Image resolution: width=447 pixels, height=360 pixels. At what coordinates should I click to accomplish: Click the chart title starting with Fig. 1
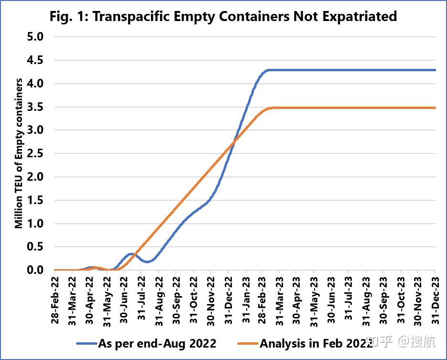[x=223, y=17]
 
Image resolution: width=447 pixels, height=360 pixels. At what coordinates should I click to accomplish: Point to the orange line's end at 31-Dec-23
[x=436, y=108]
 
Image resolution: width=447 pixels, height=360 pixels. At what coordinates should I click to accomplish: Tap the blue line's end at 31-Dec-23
[x=436, y=70]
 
